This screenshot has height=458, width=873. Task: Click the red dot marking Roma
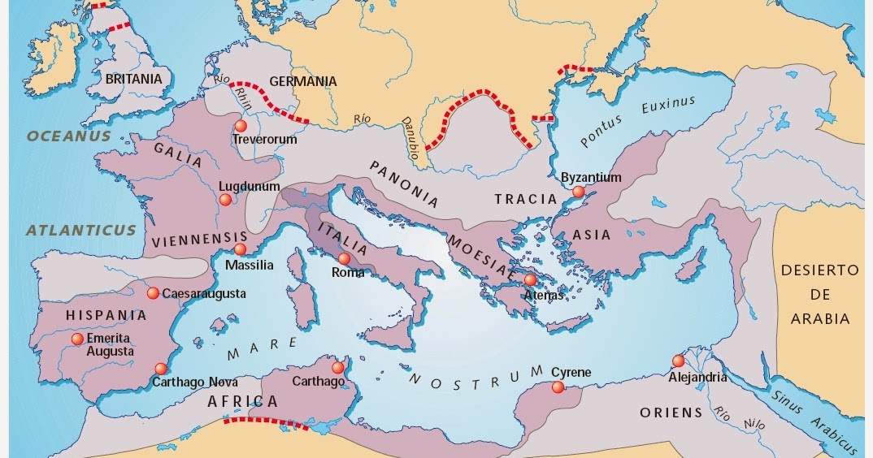pos(345,258)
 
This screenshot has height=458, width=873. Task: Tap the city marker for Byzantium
pos(578,192)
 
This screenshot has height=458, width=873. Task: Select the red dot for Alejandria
pos(678,361)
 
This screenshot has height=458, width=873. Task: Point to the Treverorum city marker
pos(240,126)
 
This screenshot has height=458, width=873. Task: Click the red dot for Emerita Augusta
pos(77,339)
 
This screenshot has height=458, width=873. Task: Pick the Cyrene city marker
pos(558,387)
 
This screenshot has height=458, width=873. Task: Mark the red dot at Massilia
pos(240,249)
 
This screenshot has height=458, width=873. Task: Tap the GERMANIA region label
pos(302,81)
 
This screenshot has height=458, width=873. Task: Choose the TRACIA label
pos(526,199)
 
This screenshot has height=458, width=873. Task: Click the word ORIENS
pos(671,413)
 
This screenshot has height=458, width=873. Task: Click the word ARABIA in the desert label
pos(820,319)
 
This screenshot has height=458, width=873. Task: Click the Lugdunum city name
pos(250,187)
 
